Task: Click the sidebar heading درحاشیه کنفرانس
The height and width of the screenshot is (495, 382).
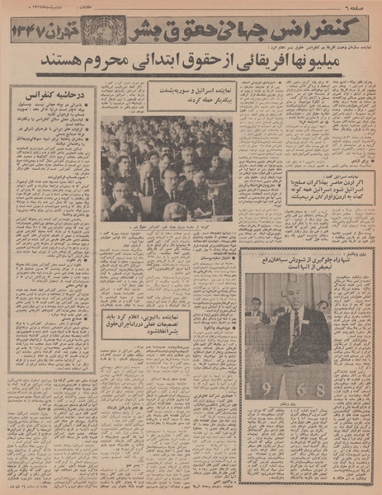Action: tap(51, 96)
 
